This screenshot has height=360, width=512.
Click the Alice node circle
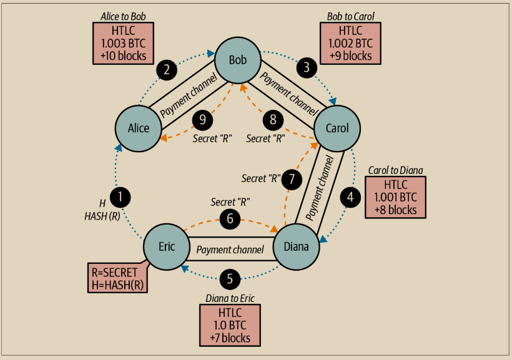coord(139,128)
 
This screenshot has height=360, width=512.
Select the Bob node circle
coord(238,61)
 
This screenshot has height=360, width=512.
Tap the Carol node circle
coord(337,128)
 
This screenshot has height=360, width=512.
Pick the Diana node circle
coord(296,246)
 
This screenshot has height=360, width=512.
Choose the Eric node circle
coord(167,246)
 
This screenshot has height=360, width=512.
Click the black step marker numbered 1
coord(121,198)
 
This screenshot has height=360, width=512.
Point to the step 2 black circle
coord(167,69)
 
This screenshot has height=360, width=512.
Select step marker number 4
coord(350,197)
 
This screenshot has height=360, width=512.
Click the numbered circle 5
coord(230,277)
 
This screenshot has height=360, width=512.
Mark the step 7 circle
coord(292,179)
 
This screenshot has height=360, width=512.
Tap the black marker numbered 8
coord(273,120)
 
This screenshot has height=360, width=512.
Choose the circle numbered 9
coord(202,120)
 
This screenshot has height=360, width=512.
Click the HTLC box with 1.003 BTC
coord(122,43)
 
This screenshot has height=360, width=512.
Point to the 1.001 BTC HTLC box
coord(395,197)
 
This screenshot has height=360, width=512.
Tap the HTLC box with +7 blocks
coord(230,324)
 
